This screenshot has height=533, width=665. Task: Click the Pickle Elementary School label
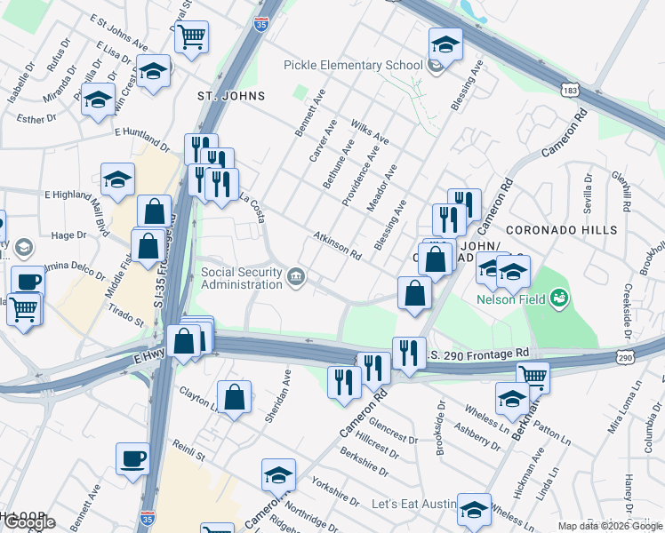(353, 65)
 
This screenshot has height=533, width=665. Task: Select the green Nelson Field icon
(559, 298)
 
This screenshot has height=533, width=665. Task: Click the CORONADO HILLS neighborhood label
(570, 230)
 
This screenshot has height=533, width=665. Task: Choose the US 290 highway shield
(625, 357)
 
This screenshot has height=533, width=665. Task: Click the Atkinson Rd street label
(337, 246)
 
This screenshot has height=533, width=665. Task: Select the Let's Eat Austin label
(412, 505)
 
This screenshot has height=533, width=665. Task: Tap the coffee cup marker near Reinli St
(132, 459)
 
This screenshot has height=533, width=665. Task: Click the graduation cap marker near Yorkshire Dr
(278, 475)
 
